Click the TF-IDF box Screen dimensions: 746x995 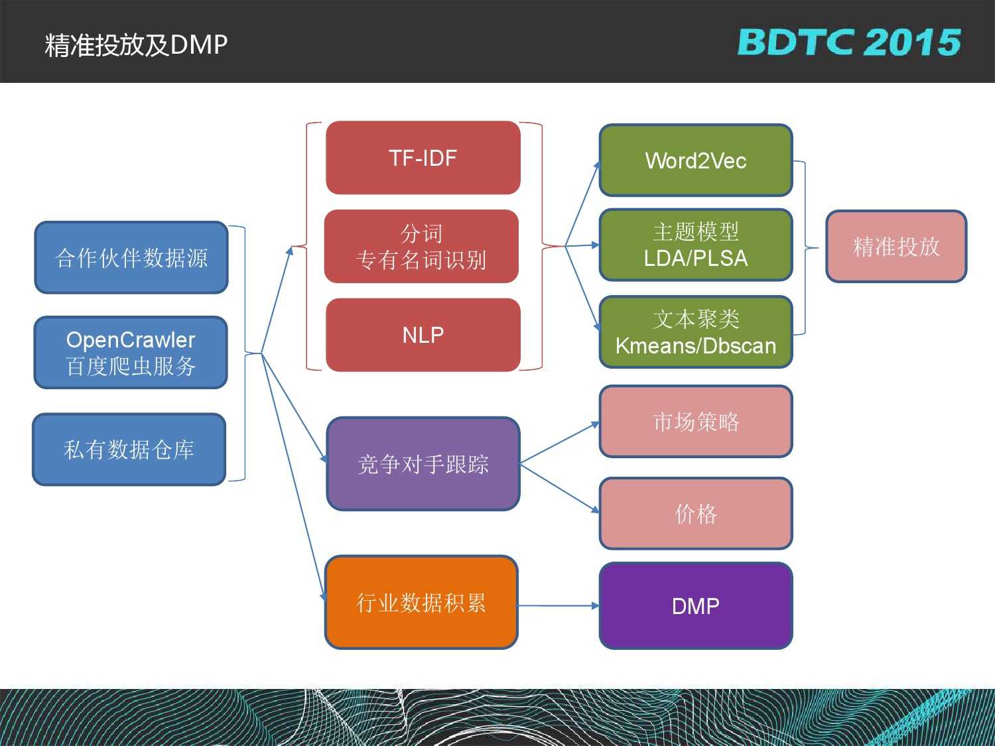(423, 158)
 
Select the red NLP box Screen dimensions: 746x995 (423, 335)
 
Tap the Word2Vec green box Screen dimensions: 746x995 (696, 160)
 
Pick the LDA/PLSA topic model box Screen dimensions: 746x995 (696, 245)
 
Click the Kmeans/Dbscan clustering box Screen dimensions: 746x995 (696, 332)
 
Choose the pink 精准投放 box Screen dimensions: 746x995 (896, 247)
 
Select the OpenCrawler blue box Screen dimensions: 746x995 (131, 353)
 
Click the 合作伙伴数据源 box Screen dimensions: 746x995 (131, 257)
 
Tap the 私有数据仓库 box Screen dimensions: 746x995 (129, 450)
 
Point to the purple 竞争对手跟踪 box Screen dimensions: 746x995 (423, 464)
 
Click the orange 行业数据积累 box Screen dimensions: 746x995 (421, 602)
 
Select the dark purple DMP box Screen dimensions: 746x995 (696, 605)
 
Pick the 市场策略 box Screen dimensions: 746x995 (696, 422)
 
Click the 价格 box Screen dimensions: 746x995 (696, 513)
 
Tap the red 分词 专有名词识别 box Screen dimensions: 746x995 (421, 247)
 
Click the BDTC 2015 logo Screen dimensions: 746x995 (849, 42)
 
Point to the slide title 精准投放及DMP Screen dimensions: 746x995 (137, 44)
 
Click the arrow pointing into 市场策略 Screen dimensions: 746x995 (561, 442)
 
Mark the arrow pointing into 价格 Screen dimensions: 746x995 (561, 487)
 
